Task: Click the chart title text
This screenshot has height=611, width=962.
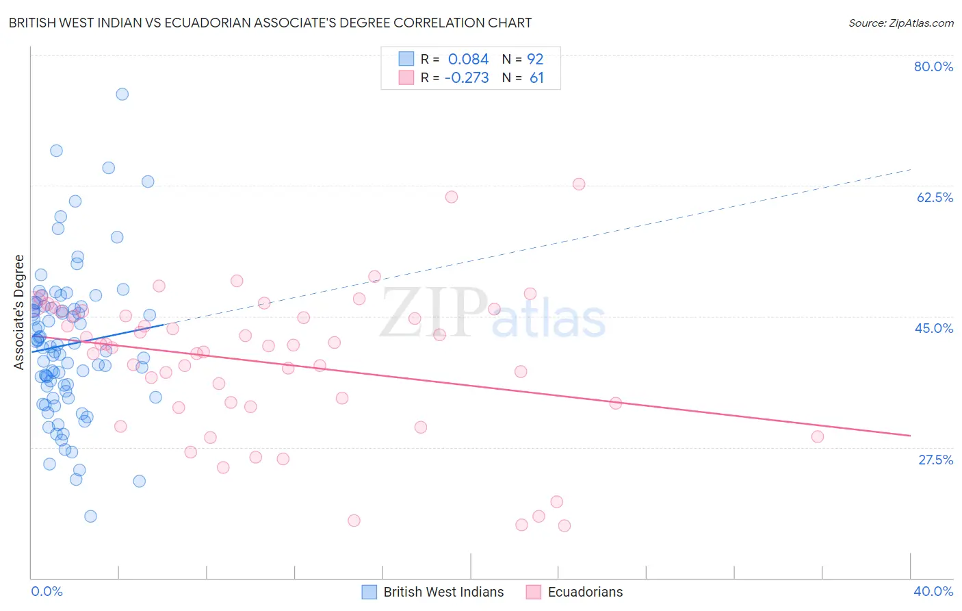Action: point(270,23)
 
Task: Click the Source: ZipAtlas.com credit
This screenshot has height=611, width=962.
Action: point(900,23)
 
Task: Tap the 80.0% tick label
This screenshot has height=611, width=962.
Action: point(933,66)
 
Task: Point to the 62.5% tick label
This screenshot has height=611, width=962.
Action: point(935,197)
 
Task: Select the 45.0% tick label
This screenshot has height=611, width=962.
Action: point(934,328)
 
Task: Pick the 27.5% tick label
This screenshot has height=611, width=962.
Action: point(935,460)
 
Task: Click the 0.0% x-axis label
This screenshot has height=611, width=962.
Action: point(47,591)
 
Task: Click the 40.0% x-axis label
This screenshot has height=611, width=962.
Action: point(933,591)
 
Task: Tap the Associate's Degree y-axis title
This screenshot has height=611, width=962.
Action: point(19,312)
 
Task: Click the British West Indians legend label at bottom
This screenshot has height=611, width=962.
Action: point(443,592)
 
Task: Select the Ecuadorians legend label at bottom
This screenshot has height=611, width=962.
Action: point(585,592)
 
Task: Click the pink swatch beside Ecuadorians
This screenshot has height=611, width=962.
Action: point(534,592)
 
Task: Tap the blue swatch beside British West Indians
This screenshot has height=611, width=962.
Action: point(369,592)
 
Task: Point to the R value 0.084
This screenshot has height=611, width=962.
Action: point(468,60)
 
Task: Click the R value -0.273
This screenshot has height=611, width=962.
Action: point(467,78)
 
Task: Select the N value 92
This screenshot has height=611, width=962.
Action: point(535,60)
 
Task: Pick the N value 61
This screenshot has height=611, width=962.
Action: point(536,78)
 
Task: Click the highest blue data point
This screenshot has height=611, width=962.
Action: point(122,95)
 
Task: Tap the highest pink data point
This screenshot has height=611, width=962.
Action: point(579,184)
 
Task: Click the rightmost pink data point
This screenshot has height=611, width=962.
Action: point(817,437)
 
